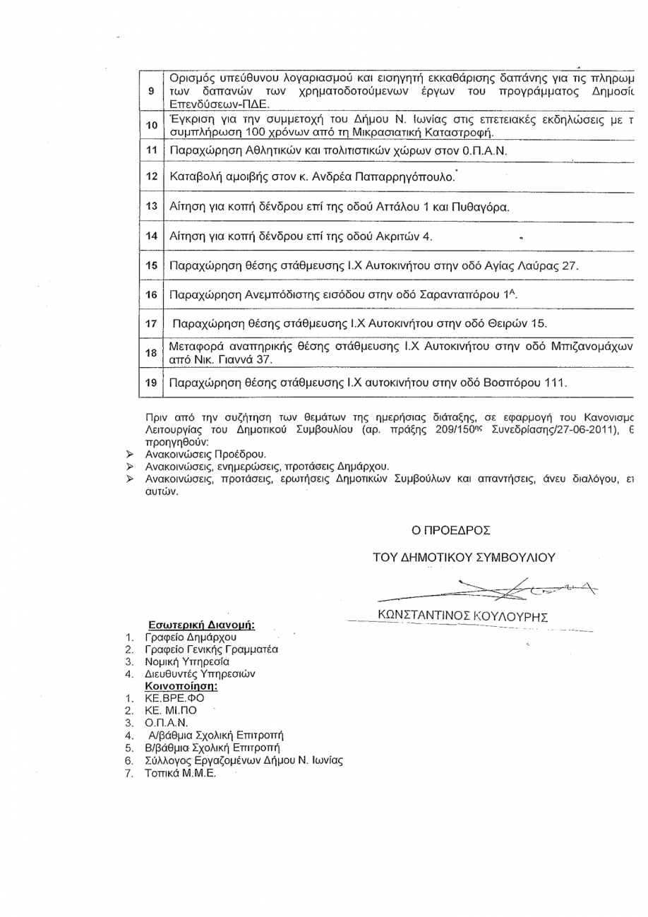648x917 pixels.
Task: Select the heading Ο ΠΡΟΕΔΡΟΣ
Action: pyautogui.click(x=452, y=528)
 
